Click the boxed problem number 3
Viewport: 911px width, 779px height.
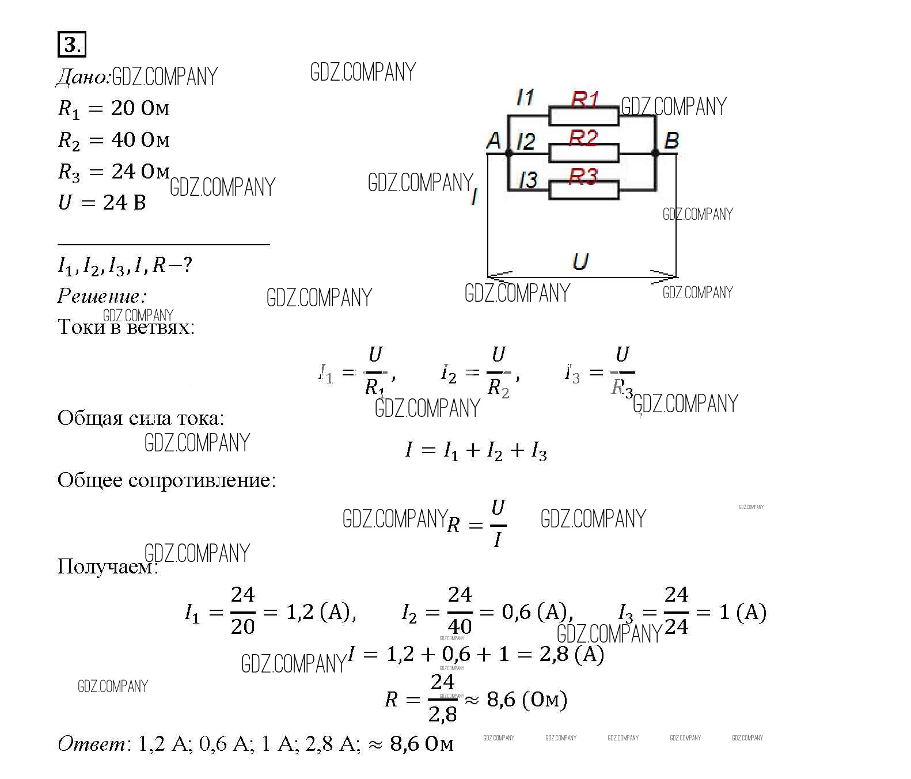[71, 44]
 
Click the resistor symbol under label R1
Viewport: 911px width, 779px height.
[583, 116]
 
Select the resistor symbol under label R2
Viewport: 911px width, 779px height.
[583, 153]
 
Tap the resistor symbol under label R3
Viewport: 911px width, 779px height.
[583, 190]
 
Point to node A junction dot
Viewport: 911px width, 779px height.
[508, 153]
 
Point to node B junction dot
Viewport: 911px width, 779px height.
[655, 153]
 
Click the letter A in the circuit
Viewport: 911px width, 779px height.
[494, 140]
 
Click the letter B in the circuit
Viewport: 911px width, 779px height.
[671, 140]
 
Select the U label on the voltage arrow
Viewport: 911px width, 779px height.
[580, 262]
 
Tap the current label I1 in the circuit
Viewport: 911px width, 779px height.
[525, 97]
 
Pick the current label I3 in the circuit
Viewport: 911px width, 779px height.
[528, 180]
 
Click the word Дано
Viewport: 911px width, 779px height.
[82, 77]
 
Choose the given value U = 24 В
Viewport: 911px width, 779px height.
[102, 203]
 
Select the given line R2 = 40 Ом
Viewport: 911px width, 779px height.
[113, 140]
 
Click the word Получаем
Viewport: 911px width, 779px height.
[107, 567]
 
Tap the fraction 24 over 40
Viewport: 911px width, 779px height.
[460, 610]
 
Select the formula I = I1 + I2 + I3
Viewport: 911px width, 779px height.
[476, 450]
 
